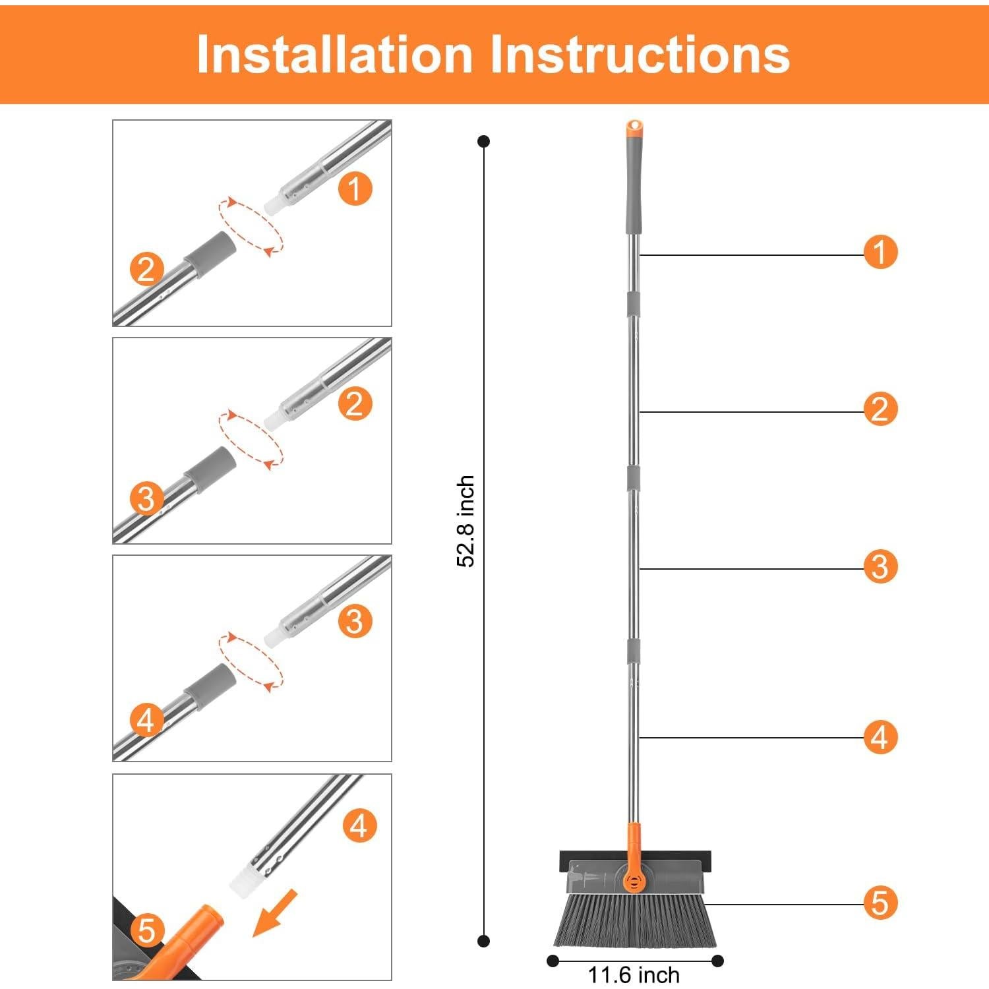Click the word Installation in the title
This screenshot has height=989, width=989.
click(335, 53)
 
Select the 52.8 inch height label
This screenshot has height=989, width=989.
click(466, 521)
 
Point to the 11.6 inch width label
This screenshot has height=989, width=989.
click(634, 974)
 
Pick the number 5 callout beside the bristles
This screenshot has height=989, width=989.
click(881, 903)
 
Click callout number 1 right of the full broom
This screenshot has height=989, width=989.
click(881, 252)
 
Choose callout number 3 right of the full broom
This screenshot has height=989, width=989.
click(881, 566)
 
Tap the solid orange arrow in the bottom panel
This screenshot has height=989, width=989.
click(275, 913)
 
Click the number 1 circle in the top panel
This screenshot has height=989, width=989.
click(355, 189)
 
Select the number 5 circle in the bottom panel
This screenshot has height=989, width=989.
click(147, 930)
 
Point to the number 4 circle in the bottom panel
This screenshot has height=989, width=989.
click(359, 825)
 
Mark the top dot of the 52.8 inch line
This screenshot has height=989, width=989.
click(484, 141)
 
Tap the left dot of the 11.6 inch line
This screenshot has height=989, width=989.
click(553, 961)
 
